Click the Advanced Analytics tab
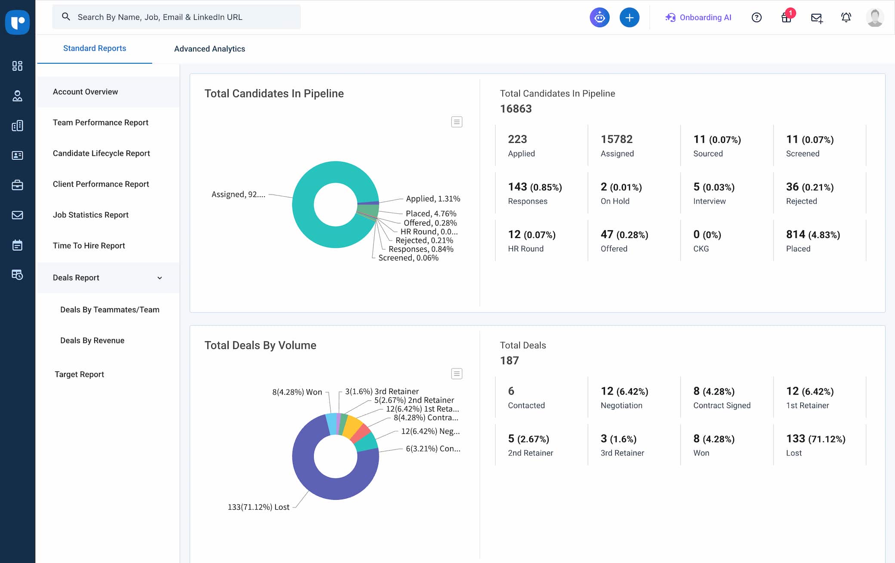[x=210, y=49]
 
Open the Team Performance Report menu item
[x=100, y=122]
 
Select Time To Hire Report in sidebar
[x=89, y=245]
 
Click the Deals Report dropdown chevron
[x=160, y=278]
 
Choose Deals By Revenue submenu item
[x=92, y=340]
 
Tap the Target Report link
[x=79, y=374]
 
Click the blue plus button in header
[x=629, y=18]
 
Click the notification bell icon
[x=846, y=18]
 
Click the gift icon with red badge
[x=787, y=18]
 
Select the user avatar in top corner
[x=875, y=18]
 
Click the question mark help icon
[x=756, y=18]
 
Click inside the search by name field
[x=176, y=17]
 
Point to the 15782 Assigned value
[x=617, y=139]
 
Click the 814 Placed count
[x=795, y=235]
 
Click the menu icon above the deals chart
[x=457, y=374]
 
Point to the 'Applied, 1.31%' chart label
[x=433, y=198]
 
